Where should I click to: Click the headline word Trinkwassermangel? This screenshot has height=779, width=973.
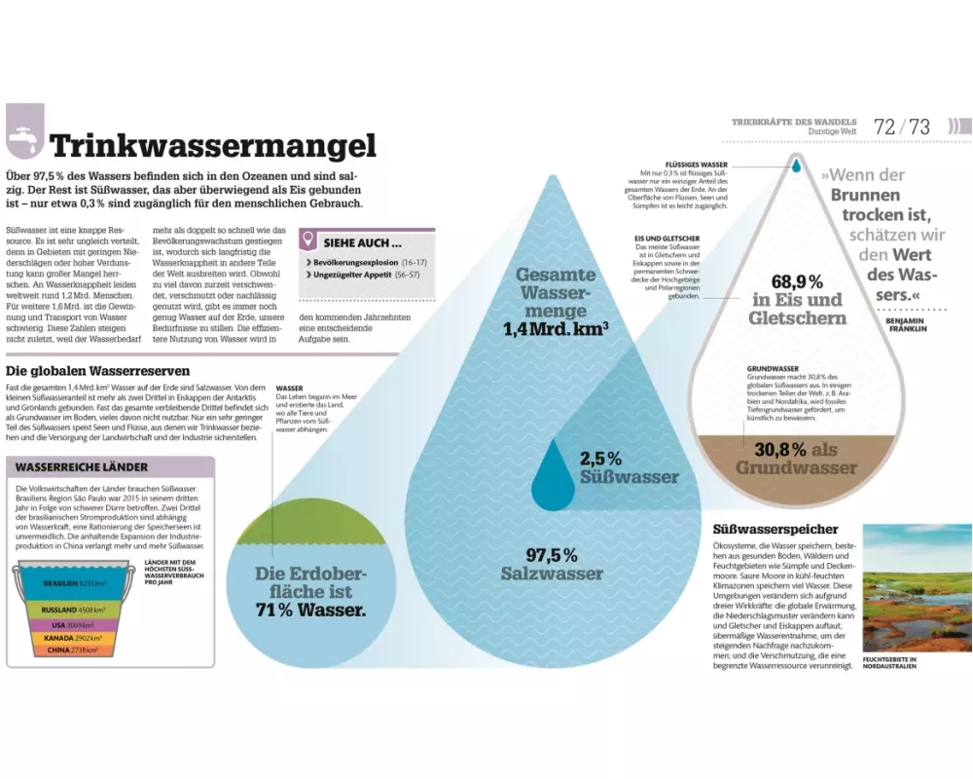pyautogui.click(x=213, y=146)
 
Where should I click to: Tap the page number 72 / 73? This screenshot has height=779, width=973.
pyautogui.click(x=902, y=127)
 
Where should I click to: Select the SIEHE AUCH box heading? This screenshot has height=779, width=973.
pyautogui.click(x=362, y=242)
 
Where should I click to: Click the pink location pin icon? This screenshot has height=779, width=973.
pyautogui.click(x=308, y=240)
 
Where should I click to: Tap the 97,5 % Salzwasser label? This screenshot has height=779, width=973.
pyautogui.click(x=552, y=565)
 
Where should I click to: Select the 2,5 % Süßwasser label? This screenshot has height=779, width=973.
pyautogui.click(x=615, y=467)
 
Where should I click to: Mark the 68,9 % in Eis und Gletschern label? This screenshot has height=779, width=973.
pyautogui.click(x=797, y=299)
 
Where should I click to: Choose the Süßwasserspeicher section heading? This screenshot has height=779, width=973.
pyautogui.click(x=775, y=529)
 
